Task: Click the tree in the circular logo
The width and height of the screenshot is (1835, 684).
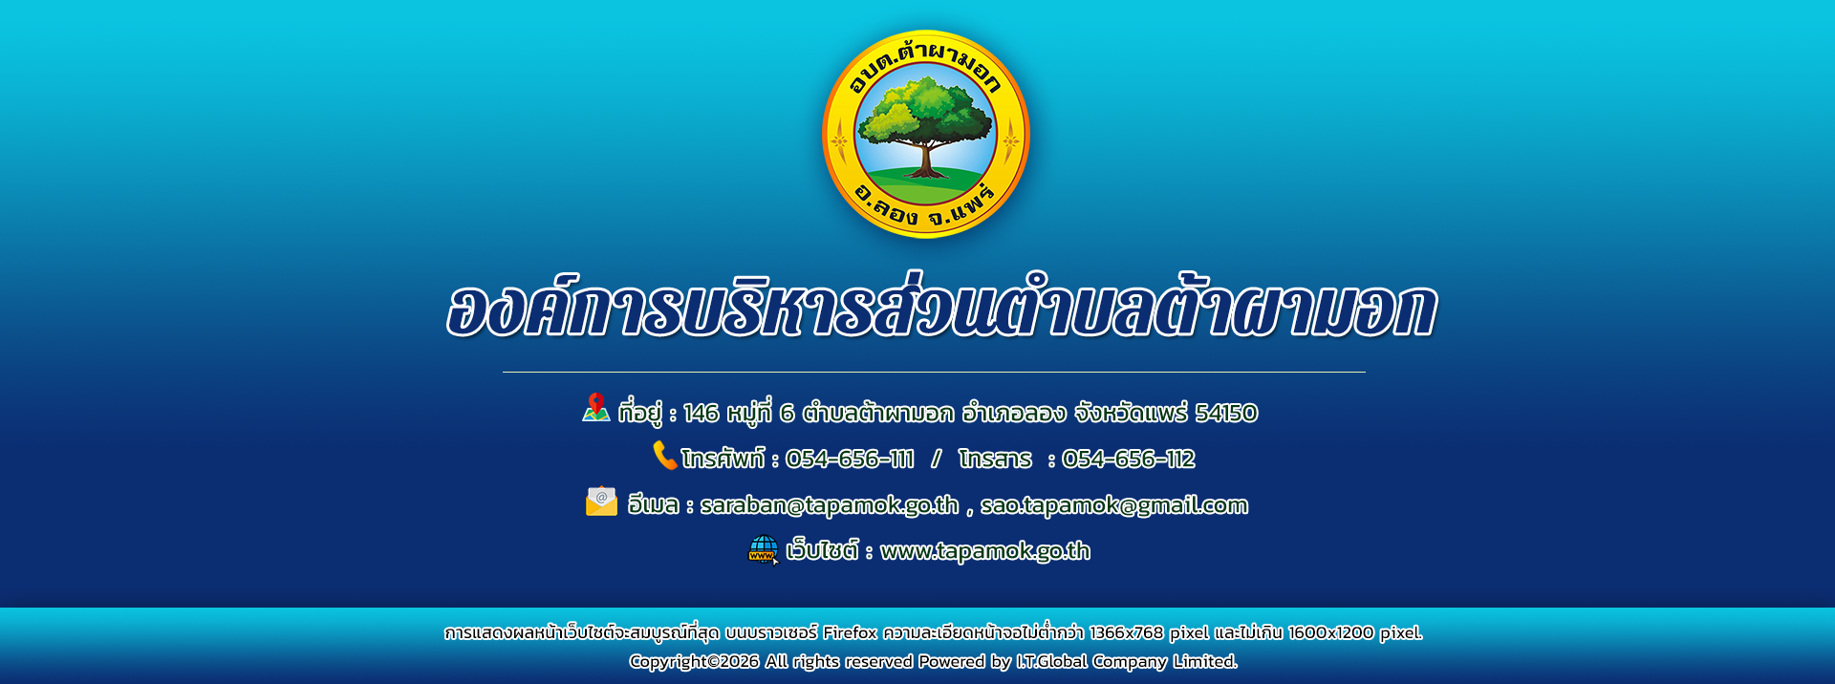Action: [x=924, y=124]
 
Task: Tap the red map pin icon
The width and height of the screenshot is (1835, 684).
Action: [x=596, y=407]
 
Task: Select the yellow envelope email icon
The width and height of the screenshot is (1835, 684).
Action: [x=601, y=502]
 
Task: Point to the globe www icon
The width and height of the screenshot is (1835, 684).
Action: [x=763, y=549]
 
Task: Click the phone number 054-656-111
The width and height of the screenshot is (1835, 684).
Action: [x=850, y=460]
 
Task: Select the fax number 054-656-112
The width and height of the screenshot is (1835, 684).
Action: [x=1128, y=460]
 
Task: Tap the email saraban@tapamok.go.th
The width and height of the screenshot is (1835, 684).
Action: [x=830, y=505]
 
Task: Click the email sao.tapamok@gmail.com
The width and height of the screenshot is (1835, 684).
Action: [x=1114, y=505]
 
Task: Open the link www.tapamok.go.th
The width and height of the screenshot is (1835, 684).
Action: [x=985, y=551]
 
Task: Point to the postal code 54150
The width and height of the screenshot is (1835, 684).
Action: [x=1226, y=413]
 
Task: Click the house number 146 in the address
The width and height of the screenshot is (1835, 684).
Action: [x=701, y=413]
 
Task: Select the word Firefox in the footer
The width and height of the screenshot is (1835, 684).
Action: [x=850, y=632]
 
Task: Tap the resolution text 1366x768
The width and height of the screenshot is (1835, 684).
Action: [x=1126, y=632]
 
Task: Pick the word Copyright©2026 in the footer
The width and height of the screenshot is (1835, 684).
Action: [x=694, y=661]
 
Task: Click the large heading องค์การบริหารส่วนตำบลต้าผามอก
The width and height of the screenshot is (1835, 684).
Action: [x=941, y=308]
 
